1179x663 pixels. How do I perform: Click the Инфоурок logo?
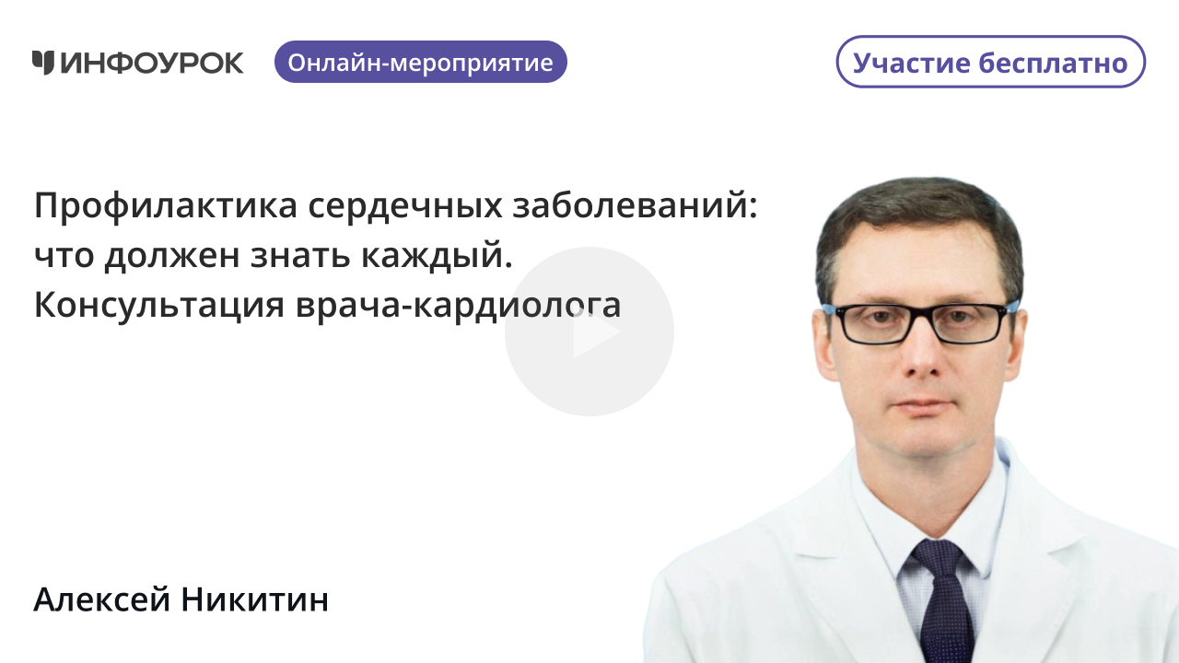pyautogui.click(x=138, y=63)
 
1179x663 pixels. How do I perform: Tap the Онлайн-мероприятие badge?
pyautogui.click(x=420, y=63)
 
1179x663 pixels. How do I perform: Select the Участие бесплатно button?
pyautogui.click(x=990, y=63)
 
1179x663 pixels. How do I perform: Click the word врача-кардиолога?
pyautogui.click(x=458, y=306)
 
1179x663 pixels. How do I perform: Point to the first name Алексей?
pyautogui.click(x=102, y=600)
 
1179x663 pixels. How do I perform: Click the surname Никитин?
pyautogui.click(x=255, y=600)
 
